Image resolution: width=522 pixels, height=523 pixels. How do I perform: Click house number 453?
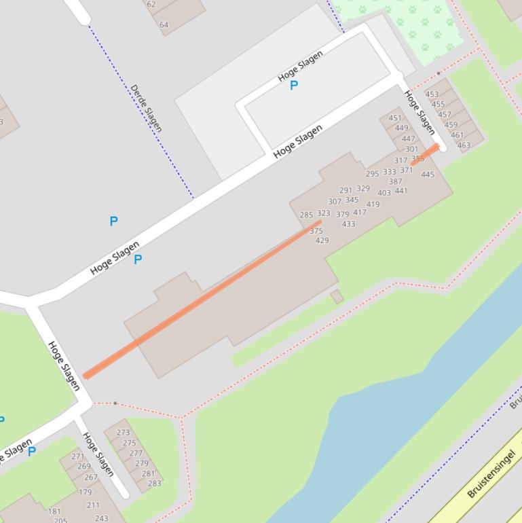pos(432,94)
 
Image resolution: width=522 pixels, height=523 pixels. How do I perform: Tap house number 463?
pos(464,145)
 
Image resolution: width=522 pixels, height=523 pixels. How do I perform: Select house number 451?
pos(394,118)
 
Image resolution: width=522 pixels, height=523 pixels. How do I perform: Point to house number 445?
pos(427,175)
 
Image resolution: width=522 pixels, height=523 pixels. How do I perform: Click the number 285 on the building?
pos(306,215)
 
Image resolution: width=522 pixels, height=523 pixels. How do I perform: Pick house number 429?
pos(322,240)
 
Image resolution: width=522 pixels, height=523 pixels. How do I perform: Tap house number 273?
pos(123,432)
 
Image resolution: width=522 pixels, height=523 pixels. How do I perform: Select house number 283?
pos(154,484)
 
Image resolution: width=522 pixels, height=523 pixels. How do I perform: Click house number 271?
pos(78,456)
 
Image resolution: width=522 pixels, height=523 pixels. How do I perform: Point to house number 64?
pos(164,24)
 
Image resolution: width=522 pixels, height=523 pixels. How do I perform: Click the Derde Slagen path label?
pos(146,108)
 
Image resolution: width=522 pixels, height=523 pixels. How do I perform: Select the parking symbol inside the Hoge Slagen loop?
pos(294,86)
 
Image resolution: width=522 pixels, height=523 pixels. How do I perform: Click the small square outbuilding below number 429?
pos(337,297)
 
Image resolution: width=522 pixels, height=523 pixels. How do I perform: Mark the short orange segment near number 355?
pos(425,154)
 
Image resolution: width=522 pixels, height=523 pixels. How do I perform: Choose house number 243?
pos(101,518)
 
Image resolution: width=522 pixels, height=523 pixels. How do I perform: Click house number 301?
pos(411,149)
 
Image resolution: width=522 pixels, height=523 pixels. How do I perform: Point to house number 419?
pos(373,204)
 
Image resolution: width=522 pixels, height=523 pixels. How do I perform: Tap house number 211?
pos(93,505)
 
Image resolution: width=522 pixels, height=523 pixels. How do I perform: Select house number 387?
pos(395,181)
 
